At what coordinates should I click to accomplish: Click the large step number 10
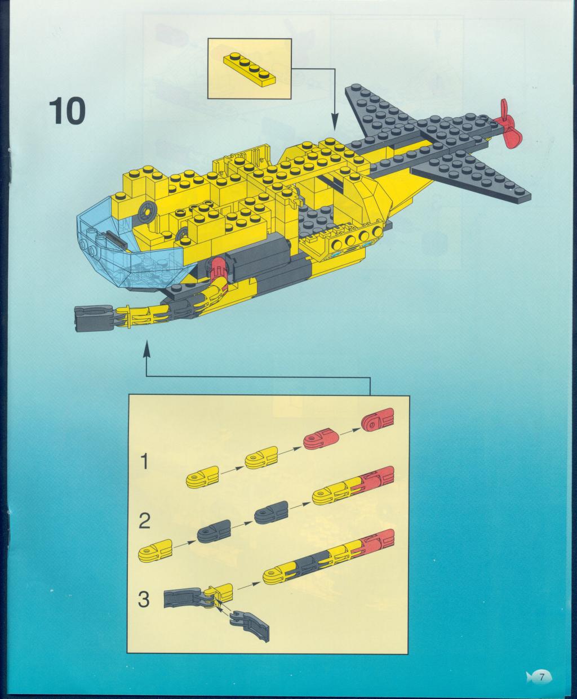tap(67, 112)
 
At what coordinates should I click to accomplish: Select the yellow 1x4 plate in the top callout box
tap(250, 69)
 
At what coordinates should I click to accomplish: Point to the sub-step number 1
tap(144, 461)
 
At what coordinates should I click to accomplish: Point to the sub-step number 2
tap(144, 522)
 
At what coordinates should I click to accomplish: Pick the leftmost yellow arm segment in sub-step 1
tap(202, 477)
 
